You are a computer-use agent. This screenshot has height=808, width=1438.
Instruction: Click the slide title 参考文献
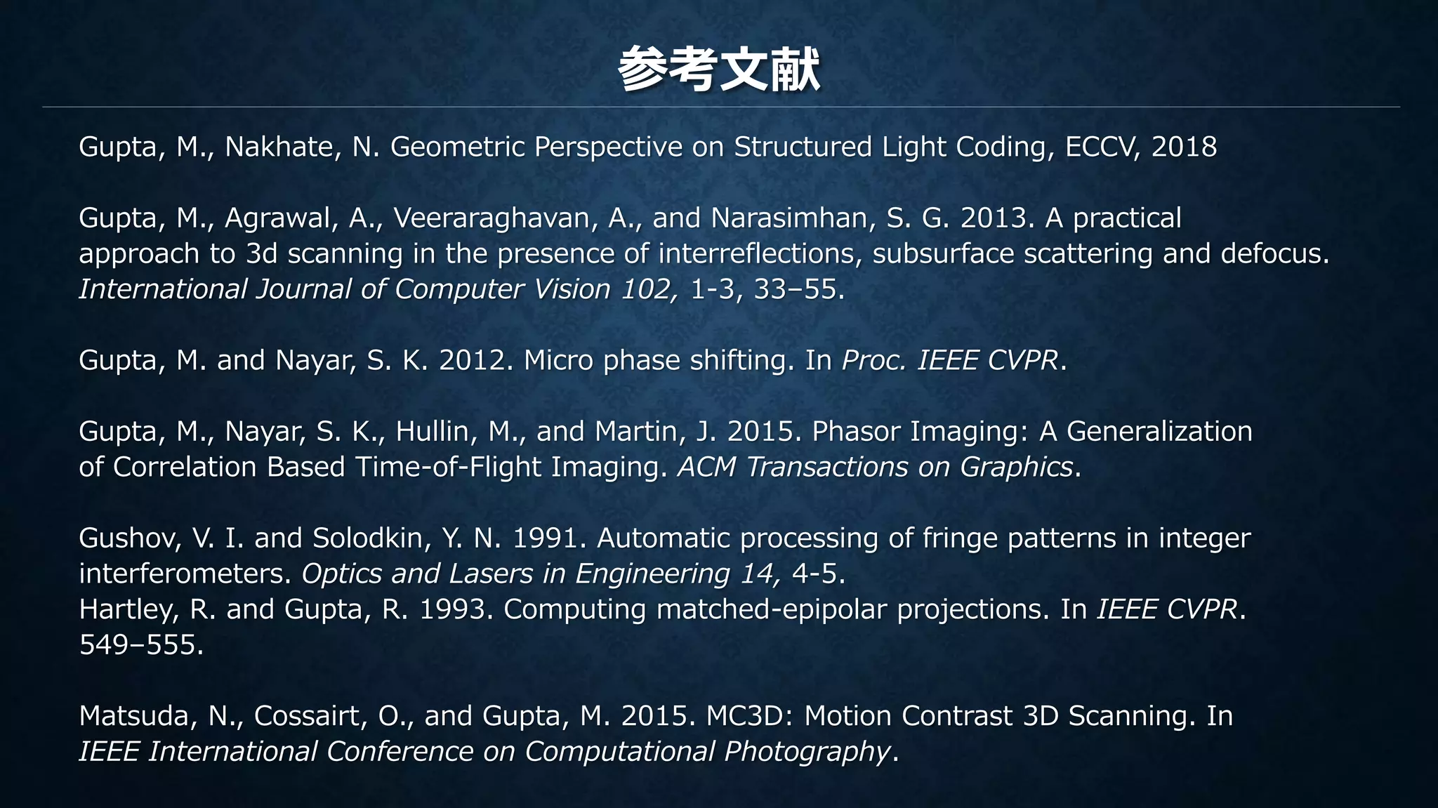(x=718, y=69)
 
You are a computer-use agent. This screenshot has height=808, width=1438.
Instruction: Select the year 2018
(x=1184, y=147)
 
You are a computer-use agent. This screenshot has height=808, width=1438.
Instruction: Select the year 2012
(x=471, y=361)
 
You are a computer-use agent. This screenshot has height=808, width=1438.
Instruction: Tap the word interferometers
(x=185, y=574)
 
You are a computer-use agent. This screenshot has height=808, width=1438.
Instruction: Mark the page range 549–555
(x=140, y=645)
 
